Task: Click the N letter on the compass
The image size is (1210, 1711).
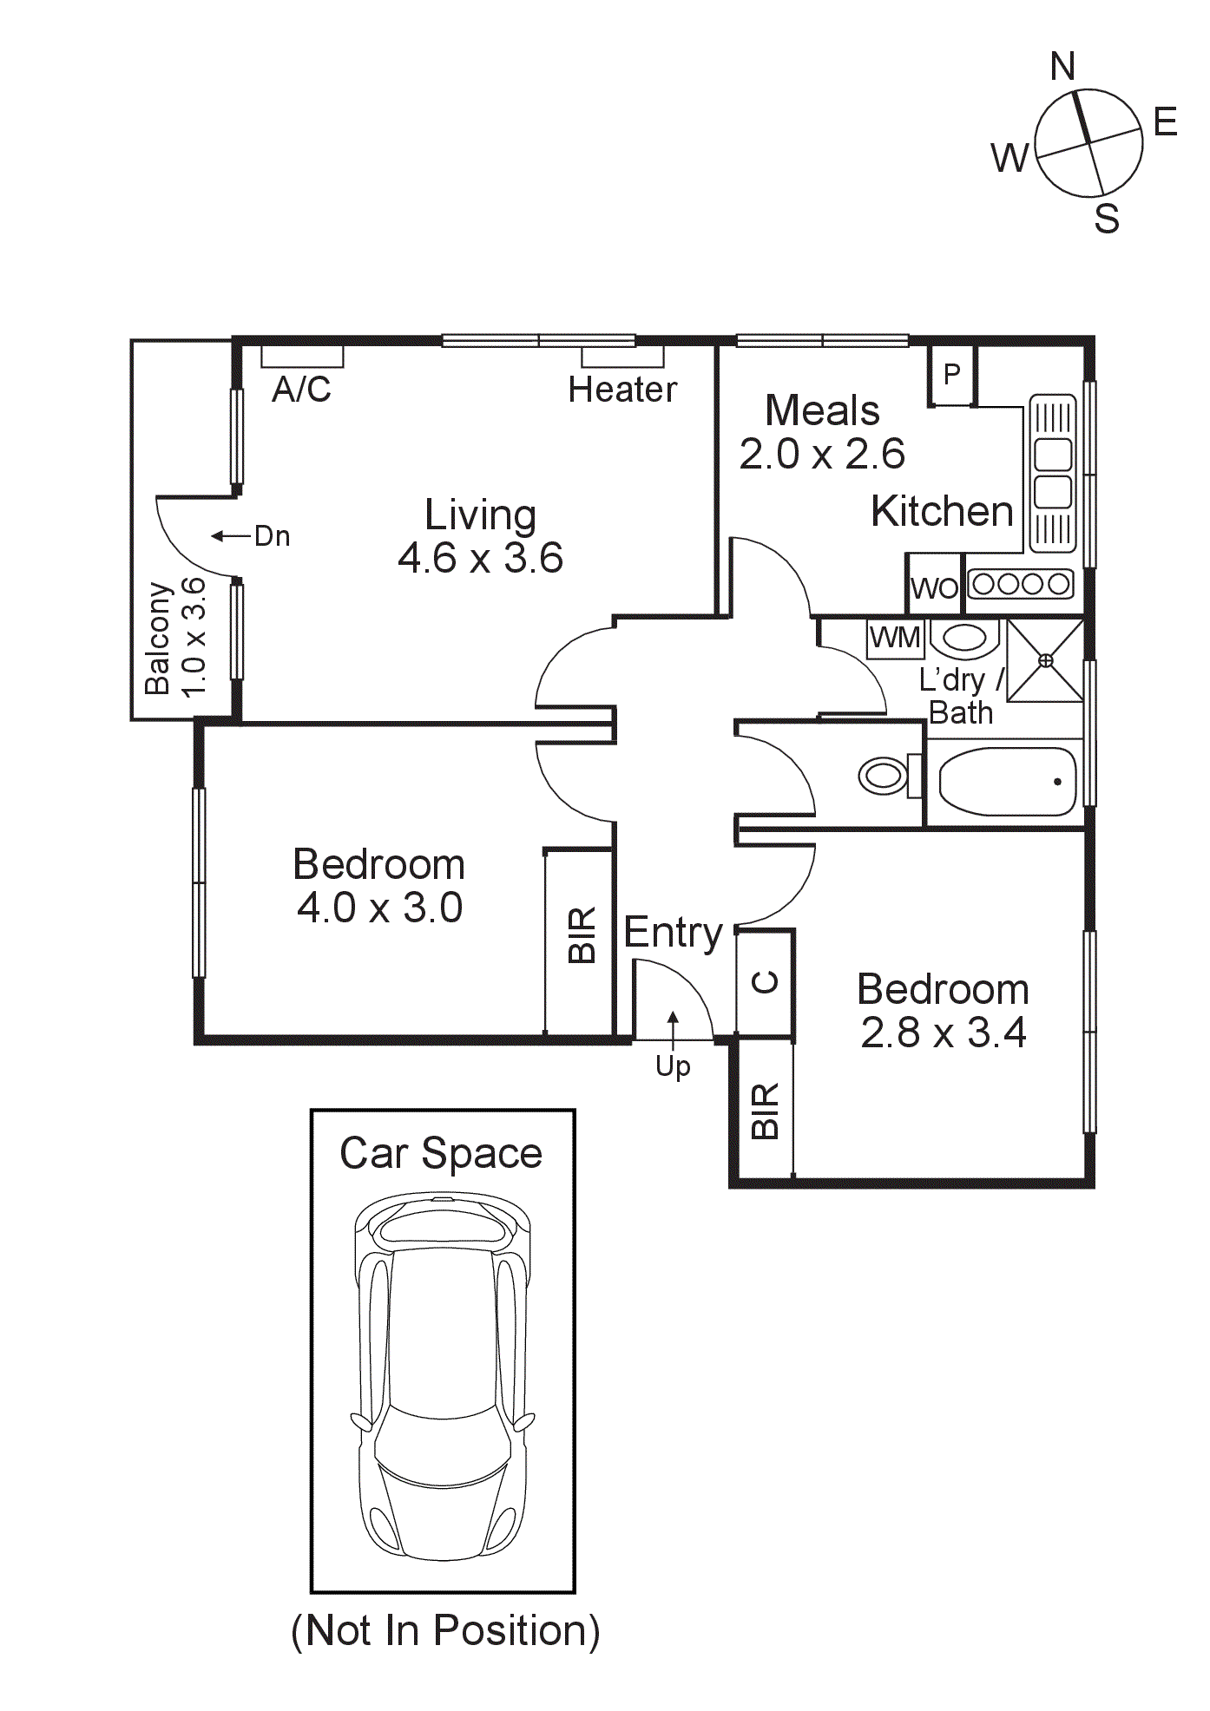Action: click(1062, 67)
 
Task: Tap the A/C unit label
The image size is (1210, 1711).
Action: click(301, 390)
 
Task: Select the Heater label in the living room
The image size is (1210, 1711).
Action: click(622, 390)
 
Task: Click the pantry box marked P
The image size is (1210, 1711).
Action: click(952, 375)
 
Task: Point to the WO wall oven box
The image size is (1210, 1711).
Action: click(934, 588)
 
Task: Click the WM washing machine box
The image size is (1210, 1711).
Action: click(895, 638)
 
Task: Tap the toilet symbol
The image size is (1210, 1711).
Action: click(885, 775)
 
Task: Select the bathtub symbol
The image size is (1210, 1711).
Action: click(1007, 782)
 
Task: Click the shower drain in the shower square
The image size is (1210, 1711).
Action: click(1046, 660)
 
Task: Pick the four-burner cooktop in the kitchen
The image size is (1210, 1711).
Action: click(1021, 584)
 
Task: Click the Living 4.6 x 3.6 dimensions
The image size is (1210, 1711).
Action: click(480, 558)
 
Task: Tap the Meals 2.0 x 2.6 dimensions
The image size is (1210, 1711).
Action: click(822, 454)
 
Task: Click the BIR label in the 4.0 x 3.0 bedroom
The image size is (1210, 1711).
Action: click(582, 935)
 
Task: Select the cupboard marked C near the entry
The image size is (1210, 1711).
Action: click(765, 982)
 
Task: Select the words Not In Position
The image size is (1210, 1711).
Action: click(445, 1630)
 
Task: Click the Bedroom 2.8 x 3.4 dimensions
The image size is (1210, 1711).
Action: click(944, 1032)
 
